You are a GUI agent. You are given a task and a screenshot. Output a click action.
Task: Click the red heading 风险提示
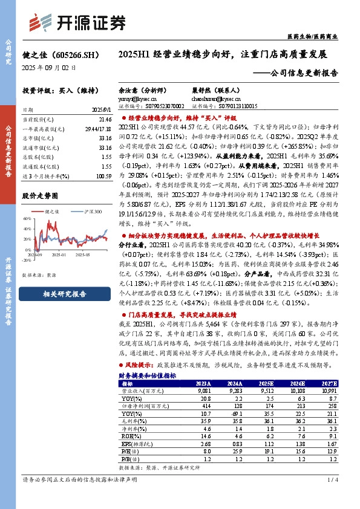click(140, 366)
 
